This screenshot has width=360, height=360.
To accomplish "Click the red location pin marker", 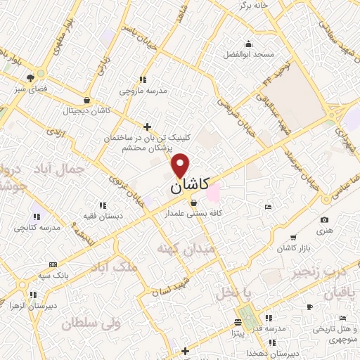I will [181, 165].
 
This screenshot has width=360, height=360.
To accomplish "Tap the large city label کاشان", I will [189, 186].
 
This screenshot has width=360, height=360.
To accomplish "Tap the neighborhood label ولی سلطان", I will [91, 324].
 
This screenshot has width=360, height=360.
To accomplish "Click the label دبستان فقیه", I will [103, 215].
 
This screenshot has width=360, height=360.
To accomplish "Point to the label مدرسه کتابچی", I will [38, 228].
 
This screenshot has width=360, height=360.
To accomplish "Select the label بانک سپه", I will [53, 275].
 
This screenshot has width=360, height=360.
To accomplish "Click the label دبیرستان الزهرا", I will [32, 307].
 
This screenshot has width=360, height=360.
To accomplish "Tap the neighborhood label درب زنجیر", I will [320, 270].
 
